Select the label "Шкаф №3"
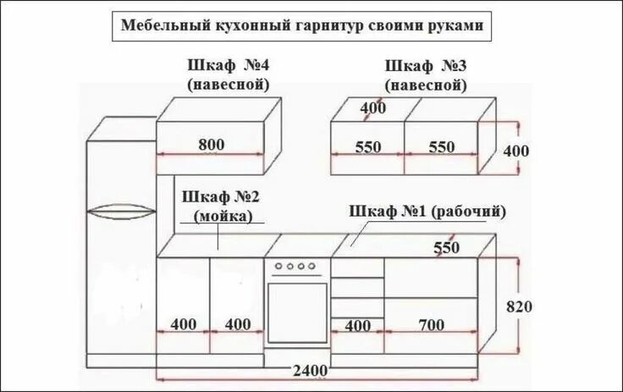[x=426, y=66]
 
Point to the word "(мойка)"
[x=223, y=216]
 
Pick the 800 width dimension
[x=212, y=145]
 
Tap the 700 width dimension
[x=431, y=324]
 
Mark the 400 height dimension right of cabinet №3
[x=515, y=151]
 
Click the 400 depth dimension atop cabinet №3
[x=372, y=108]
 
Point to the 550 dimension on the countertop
[x=446, y=248]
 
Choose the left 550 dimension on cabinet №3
[x=368, y=146]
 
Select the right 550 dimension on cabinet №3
[x=441, y=146]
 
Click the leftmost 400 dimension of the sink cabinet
[x=184, y=324]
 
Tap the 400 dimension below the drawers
[x=358, y=325]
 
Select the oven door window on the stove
[x=297, y=312]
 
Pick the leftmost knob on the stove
[x=278, y=267]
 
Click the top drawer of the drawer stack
[x=357, y=267]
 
